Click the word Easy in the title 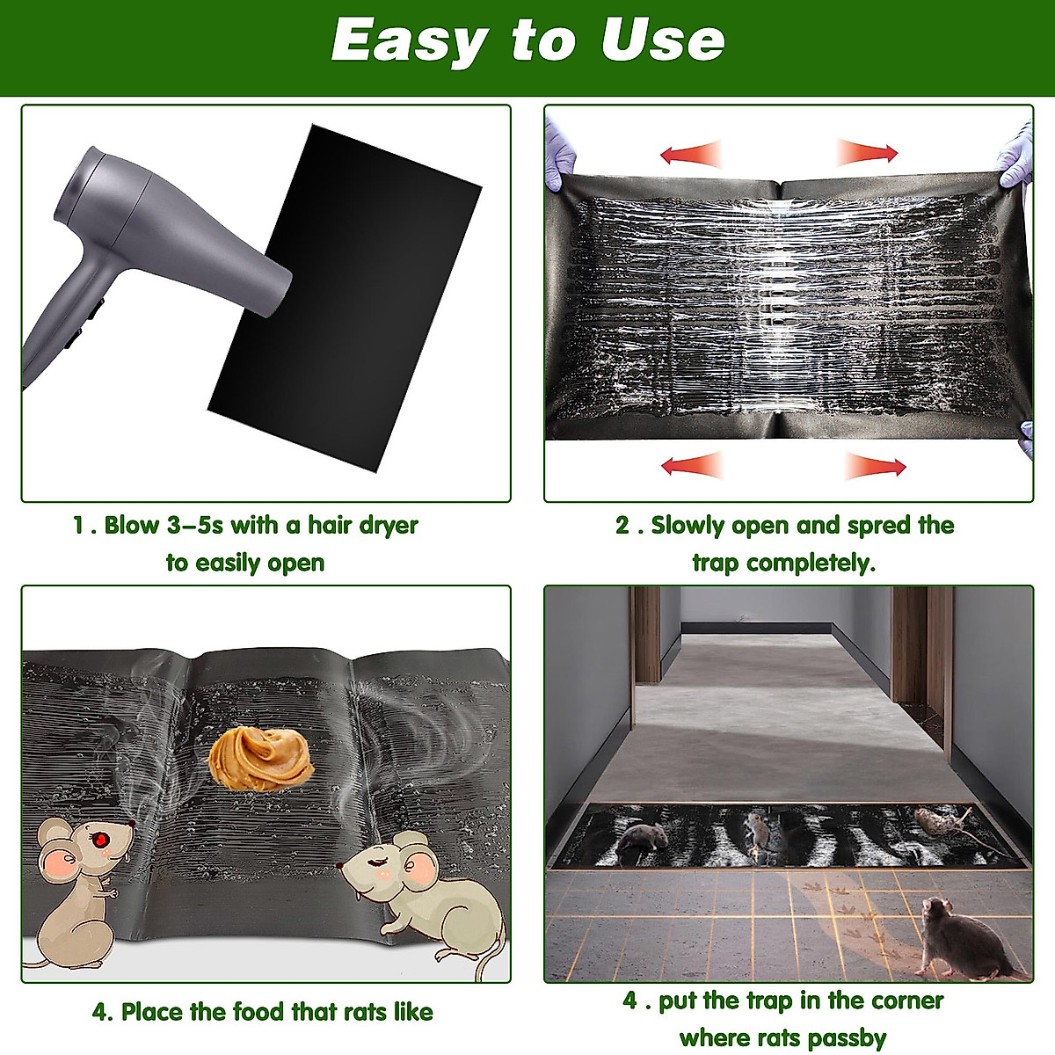tap(410, 41)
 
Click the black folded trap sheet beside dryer tap(352, 281)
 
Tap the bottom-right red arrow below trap tap(875, 466)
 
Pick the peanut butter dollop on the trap tap(260, 759)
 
